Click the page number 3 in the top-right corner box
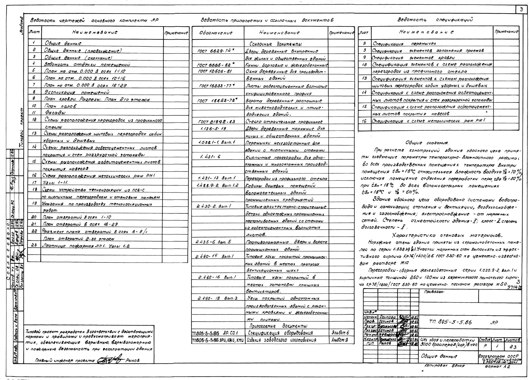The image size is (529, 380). click(x=521, y=10)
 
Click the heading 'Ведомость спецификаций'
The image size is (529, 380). click(x=435, y=20)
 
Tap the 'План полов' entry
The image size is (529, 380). click(x=60, y=106)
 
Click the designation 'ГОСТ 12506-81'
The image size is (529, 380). click(x=215, y=71)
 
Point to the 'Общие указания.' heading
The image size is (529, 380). click(x=427, y=143)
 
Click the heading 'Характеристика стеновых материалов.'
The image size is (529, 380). click(x=447, y=236)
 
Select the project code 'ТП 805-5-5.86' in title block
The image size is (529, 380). click(x=450, y=322)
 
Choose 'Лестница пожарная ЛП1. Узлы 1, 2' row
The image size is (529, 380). click(x=86, y=246)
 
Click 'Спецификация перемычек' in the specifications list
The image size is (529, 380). click(x=404, y=44)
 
